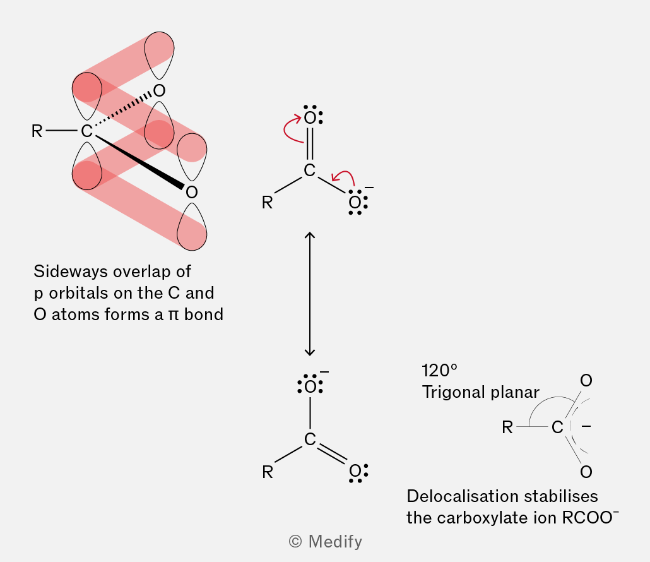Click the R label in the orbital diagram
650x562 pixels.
[x=37, y=131]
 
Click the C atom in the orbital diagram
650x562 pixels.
[x=86, y=131]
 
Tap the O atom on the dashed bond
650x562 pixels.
[x=159, y=90]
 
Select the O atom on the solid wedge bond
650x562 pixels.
[x=191, y=192]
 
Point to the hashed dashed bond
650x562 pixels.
[x=123, y=109]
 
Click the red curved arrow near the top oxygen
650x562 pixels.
[x=292, y=129]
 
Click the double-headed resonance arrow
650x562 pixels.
[x=310, y=294]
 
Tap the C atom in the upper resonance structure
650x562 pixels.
[x=310, y=170]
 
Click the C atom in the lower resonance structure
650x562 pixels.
[x=310, y=439]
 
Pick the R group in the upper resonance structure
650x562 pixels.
[x=268, y=203]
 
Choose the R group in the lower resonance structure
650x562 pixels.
[x=268, y=472]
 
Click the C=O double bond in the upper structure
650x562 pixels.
[x=310, y=144]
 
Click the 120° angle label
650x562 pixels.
[x=439, y=371]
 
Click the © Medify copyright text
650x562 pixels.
[x=326, y=542]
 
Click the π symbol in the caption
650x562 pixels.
[x=174, y=315]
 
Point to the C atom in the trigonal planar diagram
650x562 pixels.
[x=558, y=427]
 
